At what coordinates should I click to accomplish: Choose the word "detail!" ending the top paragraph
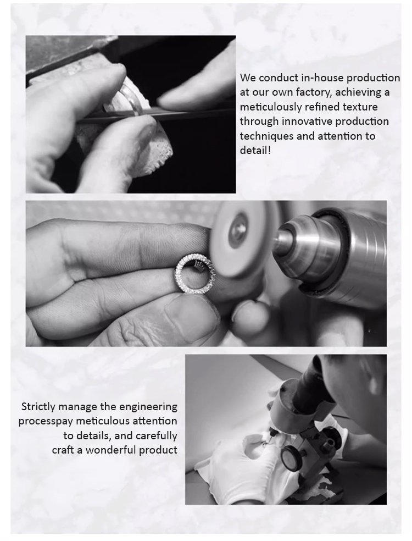255,151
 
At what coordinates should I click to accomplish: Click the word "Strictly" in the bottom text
38,406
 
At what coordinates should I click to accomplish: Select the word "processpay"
46,421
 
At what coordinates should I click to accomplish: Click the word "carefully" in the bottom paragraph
157,435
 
